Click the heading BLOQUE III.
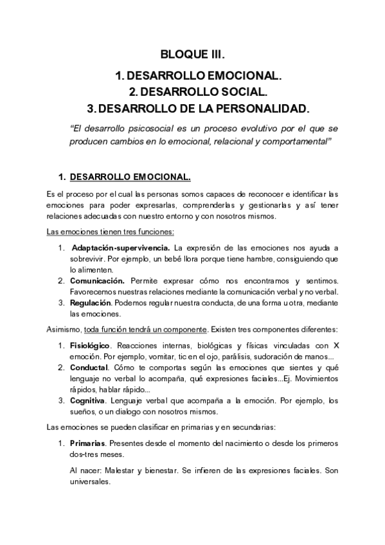point(192,55)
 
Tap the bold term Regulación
point(91,303)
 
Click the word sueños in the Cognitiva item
point(84,412)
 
